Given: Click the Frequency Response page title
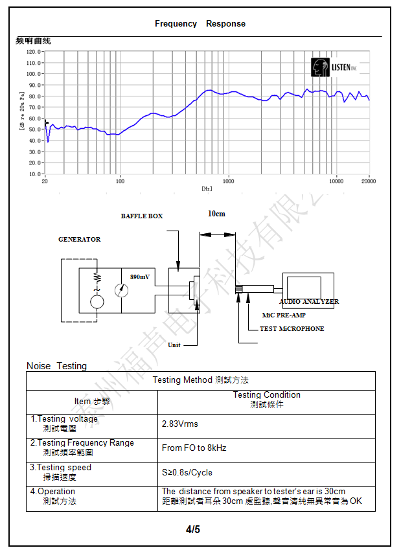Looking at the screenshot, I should click(200, 24).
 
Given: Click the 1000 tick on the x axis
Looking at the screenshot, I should click(228, 181).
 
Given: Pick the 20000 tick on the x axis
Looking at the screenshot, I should click(369, 181).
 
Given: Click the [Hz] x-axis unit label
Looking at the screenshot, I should click(207, 188).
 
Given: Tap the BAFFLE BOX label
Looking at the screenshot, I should click(142, 216).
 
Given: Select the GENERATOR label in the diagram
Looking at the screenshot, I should click(80, 240).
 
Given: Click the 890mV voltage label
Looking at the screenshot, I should click(140, 277).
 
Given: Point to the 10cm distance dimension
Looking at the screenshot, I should click(216, 214).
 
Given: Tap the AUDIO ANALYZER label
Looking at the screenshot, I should click(309, 302).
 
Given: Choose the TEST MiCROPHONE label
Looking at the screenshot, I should click(292, 329).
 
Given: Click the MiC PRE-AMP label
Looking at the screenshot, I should click(284, 315).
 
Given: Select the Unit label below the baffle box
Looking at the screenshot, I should click(174, 345).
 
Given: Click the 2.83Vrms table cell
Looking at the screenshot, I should click(180, 424).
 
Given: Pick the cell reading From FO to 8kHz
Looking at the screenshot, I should click(194, 448).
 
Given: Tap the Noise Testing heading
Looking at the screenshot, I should click(56, 366).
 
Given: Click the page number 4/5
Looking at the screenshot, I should click(193, 530).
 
